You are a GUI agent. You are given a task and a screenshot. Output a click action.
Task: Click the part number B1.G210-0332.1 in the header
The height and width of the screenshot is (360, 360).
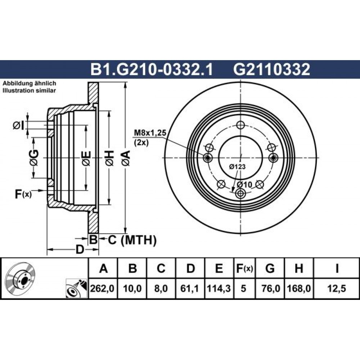tap(152, 69)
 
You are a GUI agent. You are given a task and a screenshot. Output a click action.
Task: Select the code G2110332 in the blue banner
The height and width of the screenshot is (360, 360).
tap(271, 69)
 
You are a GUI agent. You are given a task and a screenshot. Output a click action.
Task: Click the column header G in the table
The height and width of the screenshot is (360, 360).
tap(270, 268)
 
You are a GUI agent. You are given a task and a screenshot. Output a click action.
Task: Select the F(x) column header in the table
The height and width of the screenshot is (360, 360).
tap(244, 268)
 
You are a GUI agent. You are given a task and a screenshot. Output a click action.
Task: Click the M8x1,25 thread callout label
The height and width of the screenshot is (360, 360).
tap(150, 133)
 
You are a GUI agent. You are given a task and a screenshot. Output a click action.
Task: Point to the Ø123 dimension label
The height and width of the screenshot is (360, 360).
tap(237, 166)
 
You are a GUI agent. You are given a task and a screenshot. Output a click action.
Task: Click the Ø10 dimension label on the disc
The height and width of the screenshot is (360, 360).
tap(244, 184)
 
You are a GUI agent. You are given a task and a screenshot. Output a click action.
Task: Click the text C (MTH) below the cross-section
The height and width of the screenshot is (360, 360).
tap(132, 240)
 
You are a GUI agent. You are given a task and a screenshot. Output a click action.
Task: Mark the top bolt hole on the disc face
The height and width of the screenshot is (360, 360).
tap(240, 125)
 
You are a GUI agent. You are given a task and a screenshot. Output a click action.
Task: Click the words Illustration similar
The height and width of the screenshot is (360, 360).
tap(29, 90)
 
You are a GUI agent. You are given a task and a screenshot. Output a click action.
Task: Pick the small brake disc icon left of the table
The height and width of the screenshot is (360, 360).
tap(20, 278)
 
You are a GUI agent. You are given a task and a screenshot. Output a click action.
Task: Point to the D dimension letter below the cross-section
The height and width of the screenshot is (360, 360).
tap(80, 249)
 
